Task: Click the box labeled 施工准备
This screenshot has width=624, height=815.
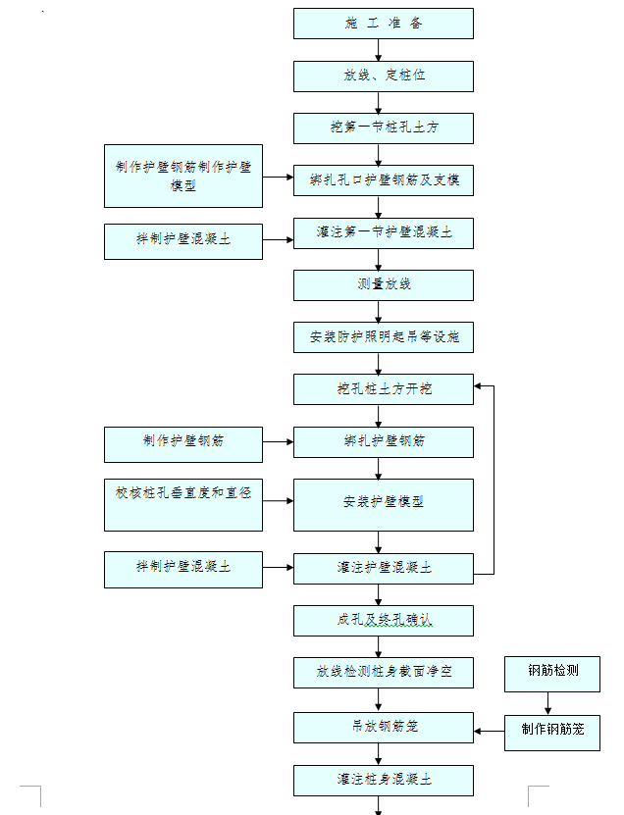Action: pyautogui.click(x=384, y=24)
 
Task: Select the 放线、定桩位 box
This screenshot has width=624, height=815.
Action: pyautogui.click(x=384, y=76)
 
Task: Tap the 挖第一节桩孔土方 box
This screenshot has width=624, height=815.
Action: pyautogui.click(x=384, y=128)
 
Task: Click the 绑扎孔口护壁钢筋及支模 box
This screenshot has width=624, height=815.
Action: pyautogui.click(x=384, y=180)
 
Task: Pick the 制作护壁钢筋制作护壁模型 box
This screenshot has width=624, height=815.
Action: pyautogui.click(x=183, y=177)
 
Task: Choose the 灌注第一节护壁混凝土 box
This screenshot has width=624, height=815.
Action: pyautogui.click(x=384, y=233)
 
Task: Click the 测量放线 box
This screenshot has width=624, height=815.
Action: pyautogui.click(x=384, y=285)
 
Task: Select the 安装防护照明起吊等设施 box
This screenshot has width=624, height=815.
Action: pyautogui.click(x=384, y=337)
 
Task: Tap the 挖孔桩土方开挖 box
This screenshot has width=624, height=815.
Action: pyautogui.click(x=384, y=389)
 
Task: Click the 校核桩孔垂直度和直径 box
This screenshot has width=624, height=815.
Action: pyautogui.click(x=183, y=505)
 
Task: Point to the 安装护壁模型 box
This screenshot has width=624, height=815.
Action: pyautogui.click(x=384, y=505)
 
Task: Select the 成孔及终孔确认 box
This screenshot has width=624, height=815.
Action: pyautogui.click(x=384, y=621)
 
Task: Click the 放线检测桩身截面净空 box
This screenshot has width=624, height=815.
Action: pyautogui.click(x=384, y=673)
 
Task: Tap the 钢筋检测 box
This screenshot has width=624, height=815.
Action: pyautogui.click(x=552, y=674)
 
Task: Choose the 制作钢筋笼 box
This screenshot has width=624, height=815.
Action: pyautogui.click(x=552, y=733)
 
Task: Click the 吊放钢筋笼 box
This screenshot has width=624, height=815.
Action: pyautogui.click(x=384, y=728)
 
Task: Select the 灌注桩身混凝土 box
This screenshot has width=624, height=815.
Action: pyautogui.click(x=384, y=780)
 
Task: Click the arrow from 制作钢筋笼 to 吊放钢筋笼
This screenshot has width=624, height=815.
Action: pyautogui.click(x=490, y=732)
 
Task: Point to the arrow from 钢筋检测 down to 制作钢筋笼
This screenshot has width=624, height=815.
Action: pyautogui.click(x=547, y=704)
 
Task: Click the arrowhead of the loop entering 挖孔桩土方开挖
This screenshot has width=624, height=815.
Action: pyautogui.click(x=478, y=386)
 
